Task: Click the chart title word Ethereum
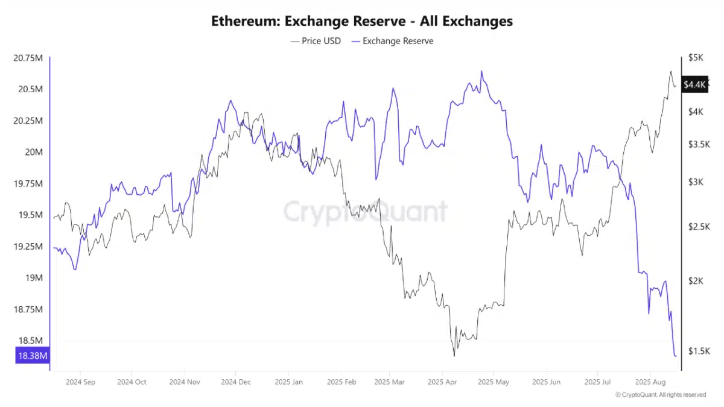tap(239, 21)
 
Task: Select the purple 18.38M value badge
tap(32, 356)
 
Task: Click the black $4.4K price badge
tap(693, 85)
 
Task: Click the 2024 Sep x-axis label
tap(80, 382)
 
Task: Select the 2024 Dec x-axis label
tap(237, 382)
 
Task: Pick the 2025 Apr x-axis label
tap(442, 382)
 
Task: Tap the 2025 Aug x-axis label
tap(650, 382)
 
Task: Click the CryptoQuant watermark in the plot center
tap(366, 212)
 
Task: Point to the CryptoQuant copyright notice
tap(660, 395)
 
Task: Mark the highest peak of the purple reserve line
tap(481, 71)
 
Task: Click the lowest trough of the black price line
tap(454, 356)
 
